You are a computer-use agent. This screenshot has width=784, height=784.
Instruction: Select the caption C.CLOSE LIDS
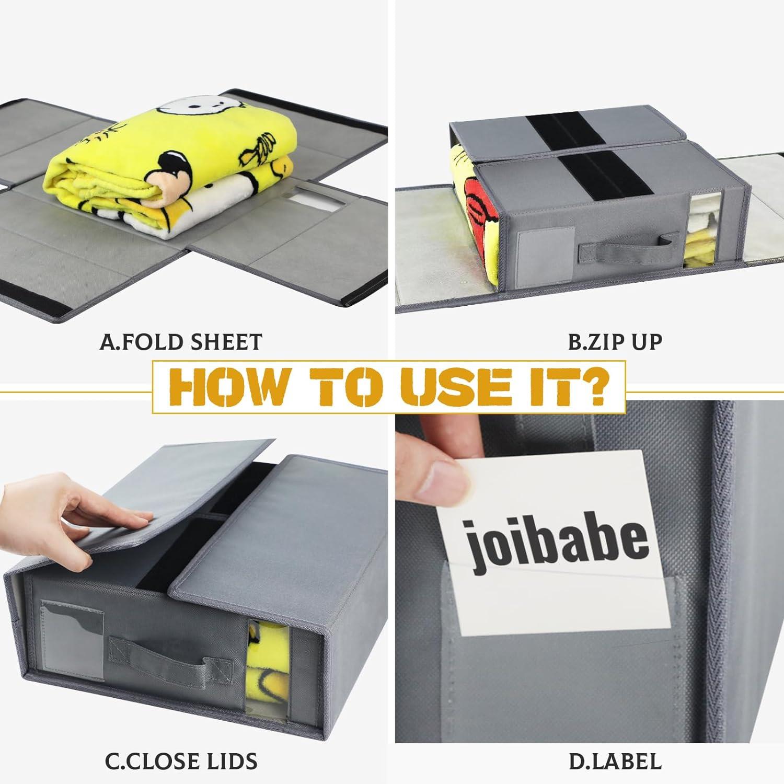tap(181, 760)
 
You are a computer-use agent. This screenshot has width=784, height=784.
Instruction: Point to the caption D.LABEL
tap(615, 760)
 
